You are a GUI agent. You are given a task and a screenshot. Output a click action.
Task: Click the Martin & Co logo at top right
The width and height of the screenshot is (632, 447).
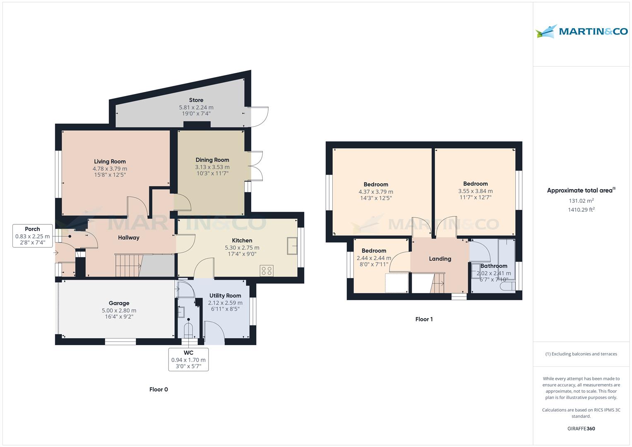pyautogui.click(x=581, y=31)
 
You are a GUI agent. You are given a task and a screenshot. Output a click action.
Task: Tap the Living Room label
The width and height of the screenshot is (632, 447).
pyautogui.click(x=110, y=161)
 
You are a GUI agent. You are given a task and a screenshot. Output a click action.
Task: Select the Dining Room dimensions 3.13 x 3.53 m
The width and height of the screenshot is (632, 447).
pyautogui.click(x=212, y=167)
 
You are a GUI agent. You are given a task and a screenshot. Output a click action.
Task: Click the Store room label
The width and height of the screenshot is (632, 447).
pyautogui.click(x=196, y=100)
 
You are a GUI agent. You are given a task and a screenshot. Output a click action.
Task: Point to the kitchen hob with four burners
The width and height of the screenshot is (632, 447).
pyautogui.click(x=267, y=271)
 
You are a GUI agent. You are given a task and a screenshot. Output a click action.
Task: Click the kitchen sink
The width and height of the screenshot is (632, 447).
pyautogui.click(x=292, y=246)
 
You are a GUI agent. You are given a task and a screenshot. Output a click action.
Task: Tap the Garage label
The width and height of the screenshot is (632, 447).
pyautogui.click(x=119, y=303)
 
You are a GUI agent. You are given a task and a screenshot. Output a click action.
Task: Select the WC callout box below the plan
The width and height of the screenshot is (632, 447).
pyautogui.click(x=188, y=359)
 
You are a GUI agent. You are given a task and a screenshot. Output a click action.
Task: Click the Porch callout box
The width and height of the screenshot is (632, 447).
pyautogui.click(x=32, y=236)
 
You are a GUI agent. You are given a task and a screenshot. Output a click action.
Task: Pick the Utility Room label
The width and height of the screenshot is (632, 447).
pyautogui.click(x=225, y=296)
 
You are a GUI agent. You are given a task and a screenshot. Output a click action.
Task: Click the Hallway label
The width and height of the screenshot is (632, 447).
pyautogui.click(x=129, y=238)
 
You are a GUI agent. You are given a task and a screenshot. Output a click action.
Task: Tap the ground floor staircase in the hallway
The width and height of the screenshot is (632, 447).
pyautogui.click(x=129, y=265)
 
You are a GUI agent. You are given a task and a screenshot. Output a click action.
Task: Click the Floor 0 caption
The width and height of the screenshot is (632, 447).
pyautogui.click(x=159, y=389)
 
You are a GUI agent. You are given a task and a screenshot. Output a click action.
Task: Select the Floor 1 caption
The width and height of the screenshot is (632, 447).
pyautogui.click(x=424, y=319)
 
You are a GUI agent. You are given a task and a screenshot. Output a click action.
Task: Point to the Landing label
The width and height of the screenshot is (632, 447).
pyautogui.click(x=440, y=259)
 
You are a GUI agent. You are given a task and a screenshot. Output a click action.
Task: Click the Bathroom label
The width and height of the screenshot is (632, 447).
pyautogui.click(x=494, y=266)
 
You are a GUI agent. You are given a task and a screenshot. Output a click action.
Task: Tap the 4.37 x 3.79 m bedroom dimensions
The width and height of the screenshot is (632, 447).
pyautogui.click(x=376, y=192)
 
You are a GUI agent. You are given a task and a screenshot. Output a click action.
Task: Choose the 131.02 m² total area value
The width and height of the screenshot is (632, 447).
pyautogui.click(x=581, y=201)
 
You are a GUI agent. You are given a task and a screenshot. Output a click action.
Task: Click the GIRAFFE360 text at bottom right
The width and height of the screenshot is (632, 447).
pyautogui.click(x=581, y=428)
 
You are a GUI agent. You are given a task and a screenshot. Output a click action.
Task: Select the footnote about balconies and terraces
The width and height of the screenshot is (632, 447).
pyautogui.click(x=581, y=354)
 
